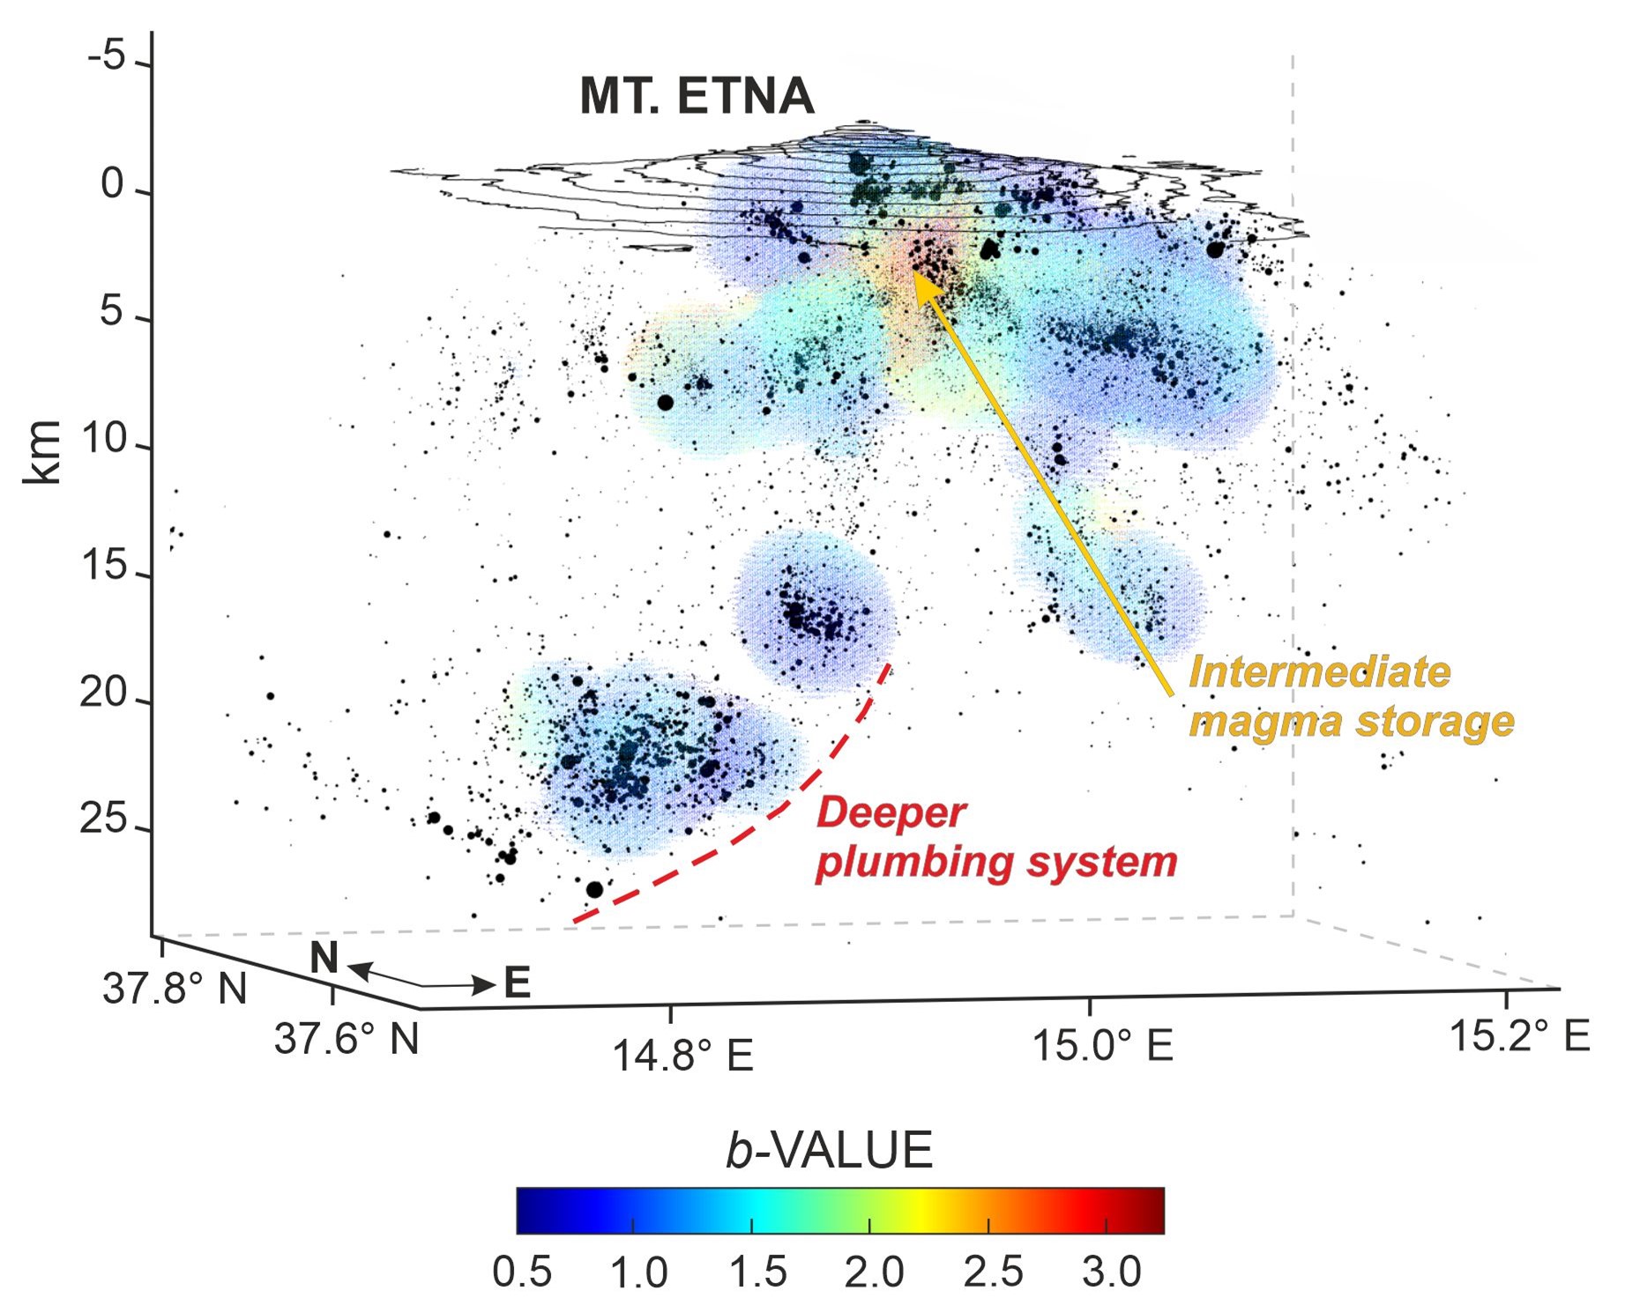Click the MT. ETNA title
click(x=696, y=96)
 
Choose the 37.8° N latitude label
click(x=175, y=989)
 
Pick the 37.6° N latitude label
click(x=347, y=1039)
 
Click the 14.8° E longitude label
click(x=682, y=1055)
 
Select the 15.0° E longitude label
click(x=1102, y=1046)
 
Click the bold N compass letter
click(x=324, y=958)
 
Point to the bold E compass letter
click(x=517, y=983)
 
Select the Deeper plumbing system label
click(x=996, y=837)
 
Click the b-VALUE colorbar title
click(x=829, y=1150)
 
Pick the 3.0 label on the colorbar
click(x=1111, y=1272)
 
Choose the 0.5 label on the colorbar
click(x=522, y=1272)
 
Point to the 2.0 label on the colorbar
click(x=874, y=1272)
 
